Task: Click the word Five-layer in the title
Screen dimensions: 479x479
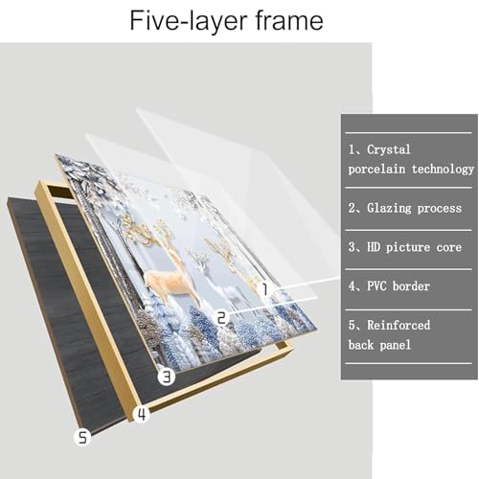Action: [x=189, y=21]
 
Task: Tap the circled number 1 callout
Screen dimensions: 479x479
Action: [x=265, y=289]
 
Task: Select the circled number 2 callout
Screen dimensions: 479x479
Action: [x=221, y=318]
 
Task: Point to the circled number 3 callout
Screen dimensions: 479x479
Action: [x=167, y=376]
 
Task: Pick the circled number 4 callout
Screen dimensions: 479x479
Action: [x=142, y=415]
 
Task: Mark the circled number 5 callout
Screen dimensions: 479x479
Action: [x=82, y=437]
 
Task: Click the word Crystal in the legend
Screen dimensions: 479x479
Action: [x=389, y=149]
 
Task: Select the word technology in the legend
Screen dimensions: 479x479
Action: [x=443, y=169]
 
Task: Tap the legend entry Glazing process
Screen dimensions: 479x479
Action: [x=414, y=208]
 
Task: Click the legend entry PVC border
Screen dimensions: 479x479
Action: [x=399, y=286]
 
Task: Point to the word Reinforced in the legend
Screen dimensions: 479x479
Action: [x=399, y=325]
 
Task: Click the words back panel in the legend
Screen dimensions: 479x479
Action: [x=379, y=345]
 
